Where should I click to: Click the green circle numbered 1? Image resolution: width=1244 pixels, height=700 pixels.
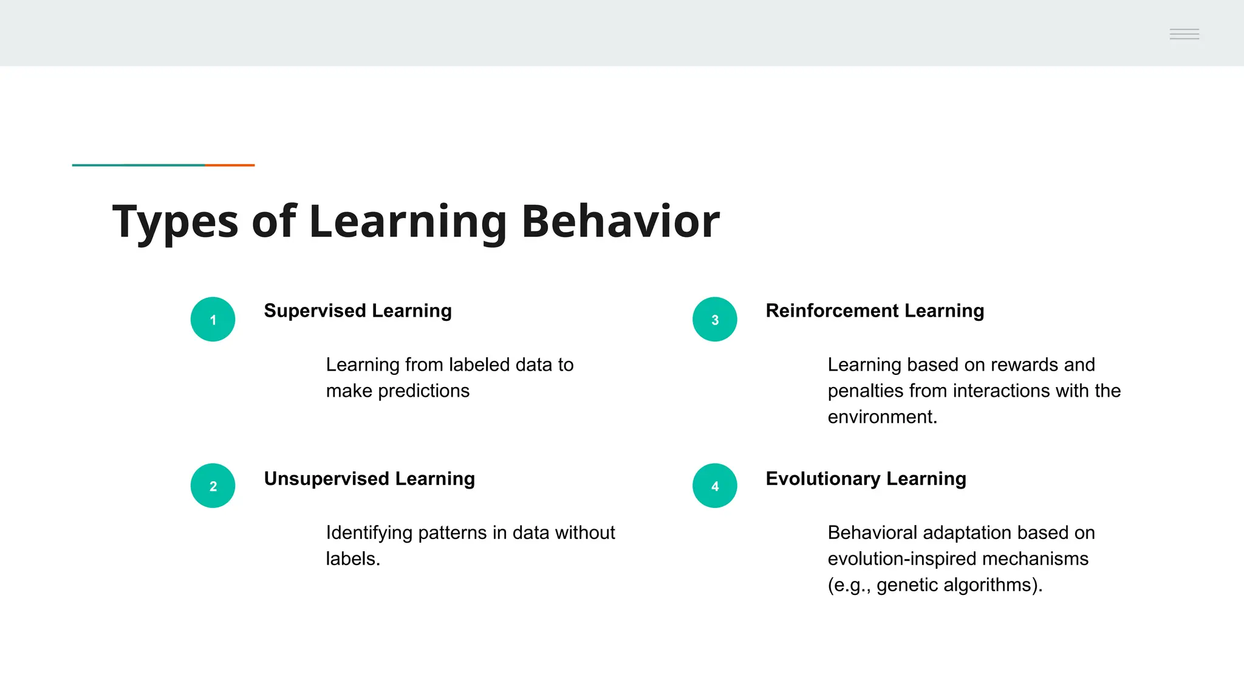[213, 319]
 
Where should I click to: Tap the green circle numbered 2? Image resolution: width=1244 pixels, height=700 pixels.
[213, 486]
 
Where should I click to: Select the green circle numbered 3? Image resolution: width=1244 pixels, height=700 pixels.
[714, 319]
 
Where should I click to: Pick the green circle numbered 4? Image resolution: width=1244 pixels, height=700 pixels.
[714, 486]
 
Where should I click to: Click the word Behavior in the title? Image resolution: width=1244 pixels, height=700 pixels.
[620, 221]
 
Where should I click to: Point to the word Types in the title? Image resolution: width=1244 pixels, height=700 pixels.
[176, 222]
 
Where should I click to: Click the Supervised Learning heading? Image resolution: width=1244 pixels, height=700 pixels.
[358, 311]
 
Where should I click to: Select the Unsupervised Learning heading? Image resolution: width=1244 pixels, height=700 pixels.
[369, 479]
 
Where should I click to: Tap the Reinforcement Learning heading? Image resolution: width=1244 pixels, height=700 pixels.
[875, 311]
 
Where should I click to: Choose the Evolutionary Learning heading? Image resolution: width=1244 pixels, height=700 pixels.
[866, 479]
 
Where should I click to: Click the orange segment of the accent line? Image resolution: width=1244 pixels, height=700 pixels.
[230, 165]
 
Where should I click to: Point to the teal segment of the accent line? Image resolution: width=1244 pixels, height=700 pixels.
[138, 165]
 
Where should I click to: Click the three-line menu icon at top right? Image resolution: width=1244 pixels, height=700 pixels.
[1184, 34]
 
